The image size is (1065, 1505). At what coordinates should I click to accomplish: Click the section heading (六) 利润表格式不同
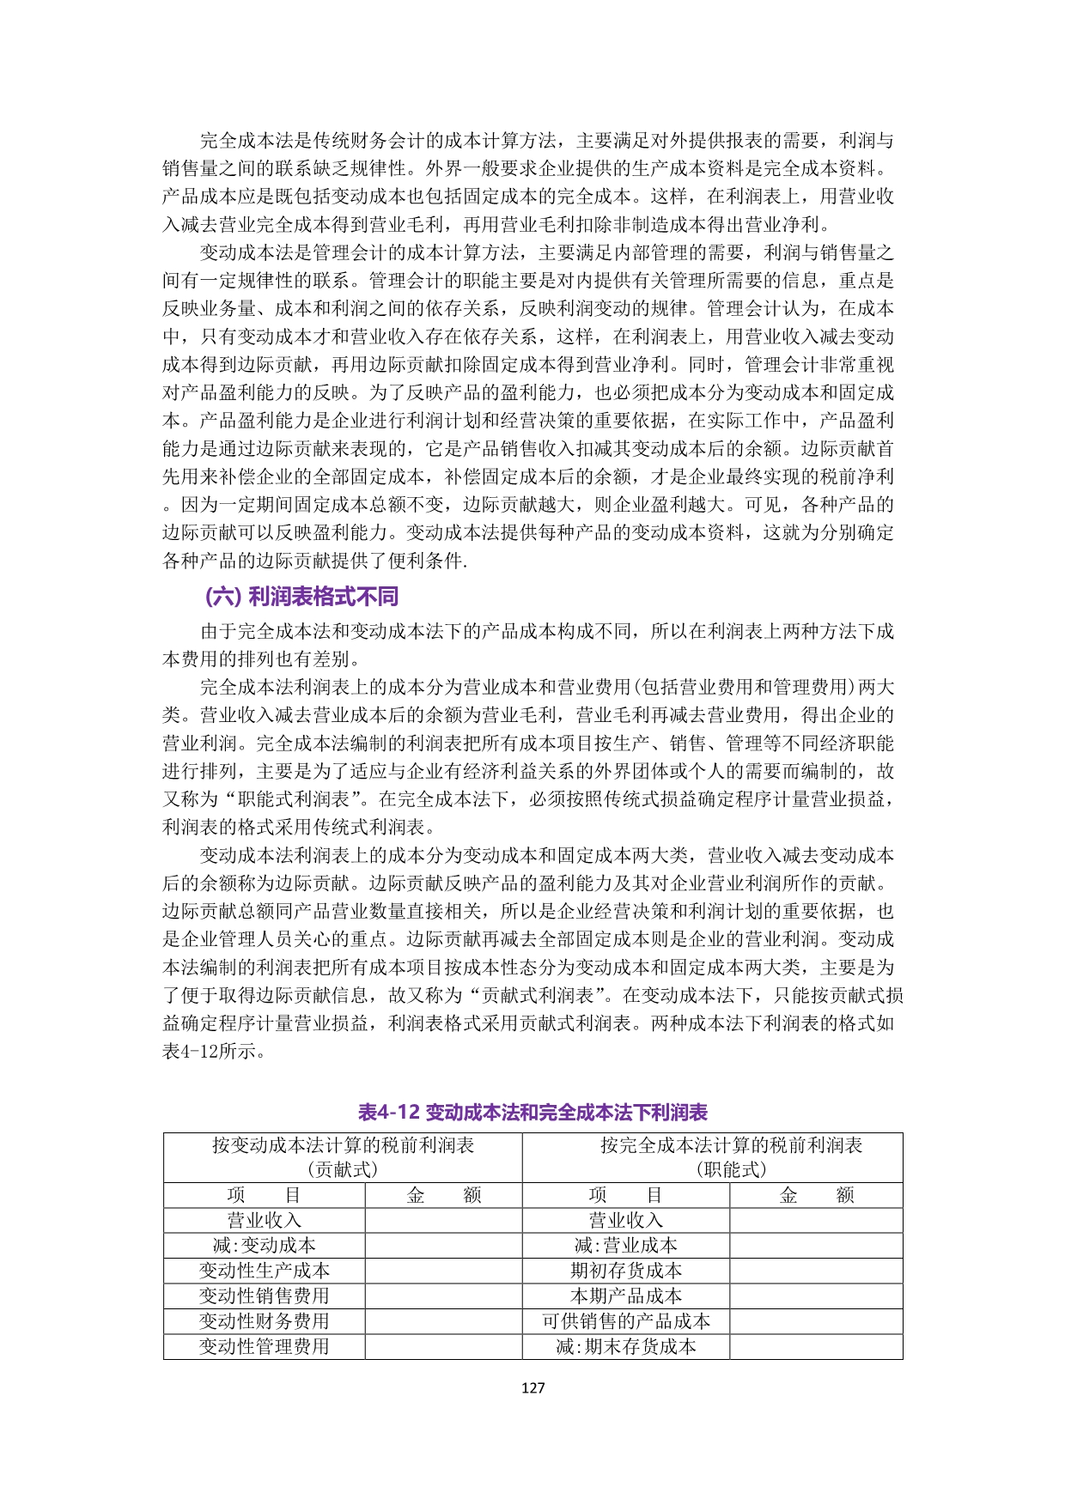(x=301, y=597)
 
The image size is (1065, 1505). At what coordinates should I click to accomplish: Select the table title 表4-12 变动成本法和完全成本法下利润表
(x=532, y=1112)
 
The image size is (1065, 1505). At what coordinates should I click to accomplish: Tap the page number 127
(x=532, y=1387)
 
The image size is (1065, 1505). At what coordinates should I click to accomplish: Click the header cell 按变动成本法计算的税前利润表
(x=343, y=1145)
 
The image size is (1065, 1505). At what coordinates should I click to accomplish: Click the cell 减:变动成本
(x=265, y=1245)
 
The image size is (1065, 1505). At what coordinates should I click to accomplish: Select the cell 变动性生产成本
(x=265, y=1271)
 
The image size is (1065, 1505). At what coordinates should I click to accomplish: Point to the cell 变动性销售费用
(x=265, y=1296)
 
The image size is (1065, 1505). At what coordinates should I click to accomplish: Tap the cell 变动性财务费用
(x=265, y=1321)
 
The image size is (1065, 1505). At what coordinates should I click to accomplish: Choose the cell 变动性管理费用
(x=265, y=1346)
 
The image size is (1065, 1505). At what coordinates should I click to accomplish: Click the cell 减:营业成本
(x=626, y=1245)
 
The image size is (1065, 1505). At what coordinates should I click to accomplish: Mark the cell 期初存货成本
(x=626, y=1271)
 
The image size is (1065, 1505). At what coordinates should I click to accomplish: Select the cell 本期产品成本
(x=626, y=1296)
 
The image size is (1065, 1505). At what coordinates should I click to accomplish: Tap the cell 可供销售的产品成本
(x=626, y=1321)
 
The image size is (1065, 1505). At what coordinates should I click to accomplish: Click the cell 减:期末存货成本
(x=626, y=1346)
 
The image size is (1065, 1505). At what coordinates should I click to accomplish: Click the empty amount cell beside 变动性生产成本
(x=443, y=1271)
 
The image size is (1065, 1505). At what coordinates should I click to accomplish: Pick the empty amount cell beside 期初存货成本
(x=816, y=1271)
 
